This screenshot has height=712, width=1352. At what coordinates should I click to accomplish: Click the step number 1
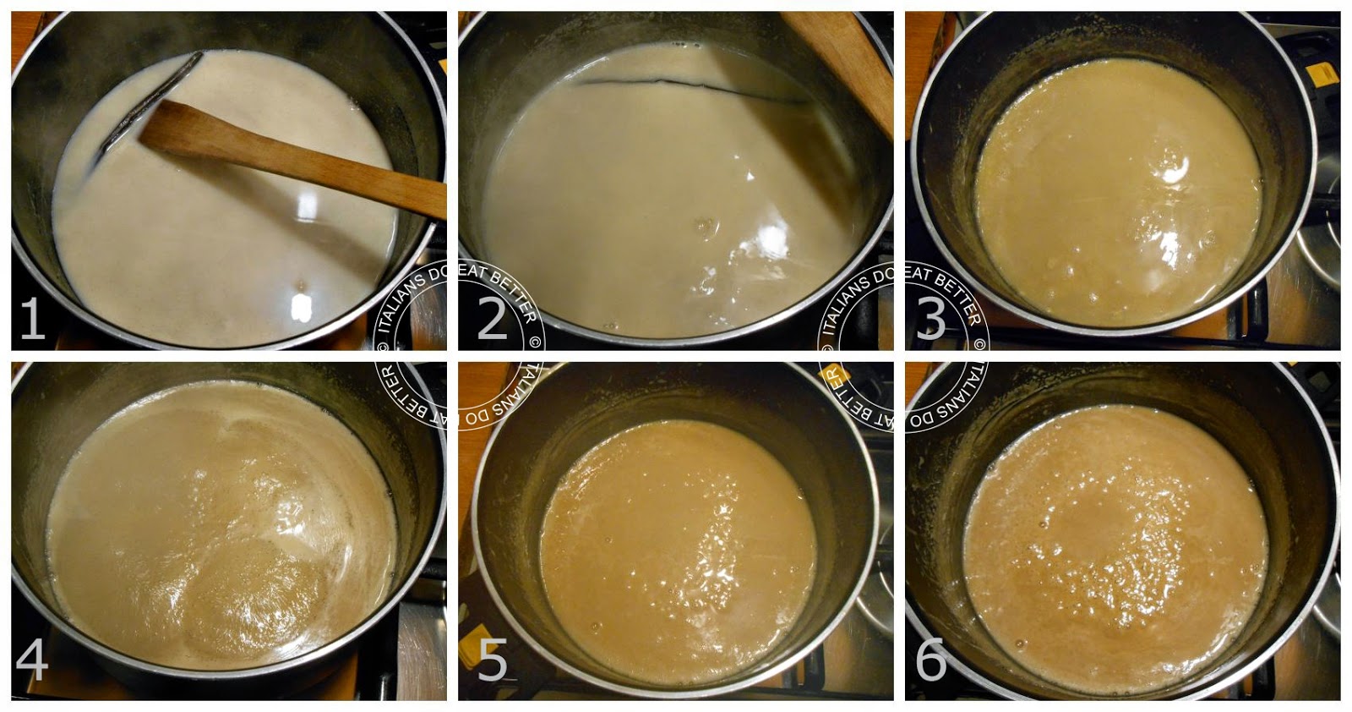coord(32,318)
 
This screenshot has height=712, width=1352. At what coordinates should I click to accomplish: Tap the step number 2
coord(493,318)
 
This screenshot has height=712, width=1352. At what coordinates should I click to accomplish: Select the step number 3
coord(930,318)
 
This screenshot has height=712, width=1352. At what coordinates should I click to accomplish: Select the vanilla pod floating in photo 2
coord(694,89)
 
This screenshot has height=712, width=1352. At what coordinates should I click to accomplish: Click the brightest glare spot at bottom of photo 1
coord(301,308)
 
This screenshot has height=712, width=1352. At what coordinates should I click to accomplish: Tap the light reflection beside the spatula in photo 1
coord(307,206)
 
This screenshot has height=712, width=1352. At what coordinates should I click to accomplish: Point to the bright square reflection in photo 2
coord(770,233)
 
